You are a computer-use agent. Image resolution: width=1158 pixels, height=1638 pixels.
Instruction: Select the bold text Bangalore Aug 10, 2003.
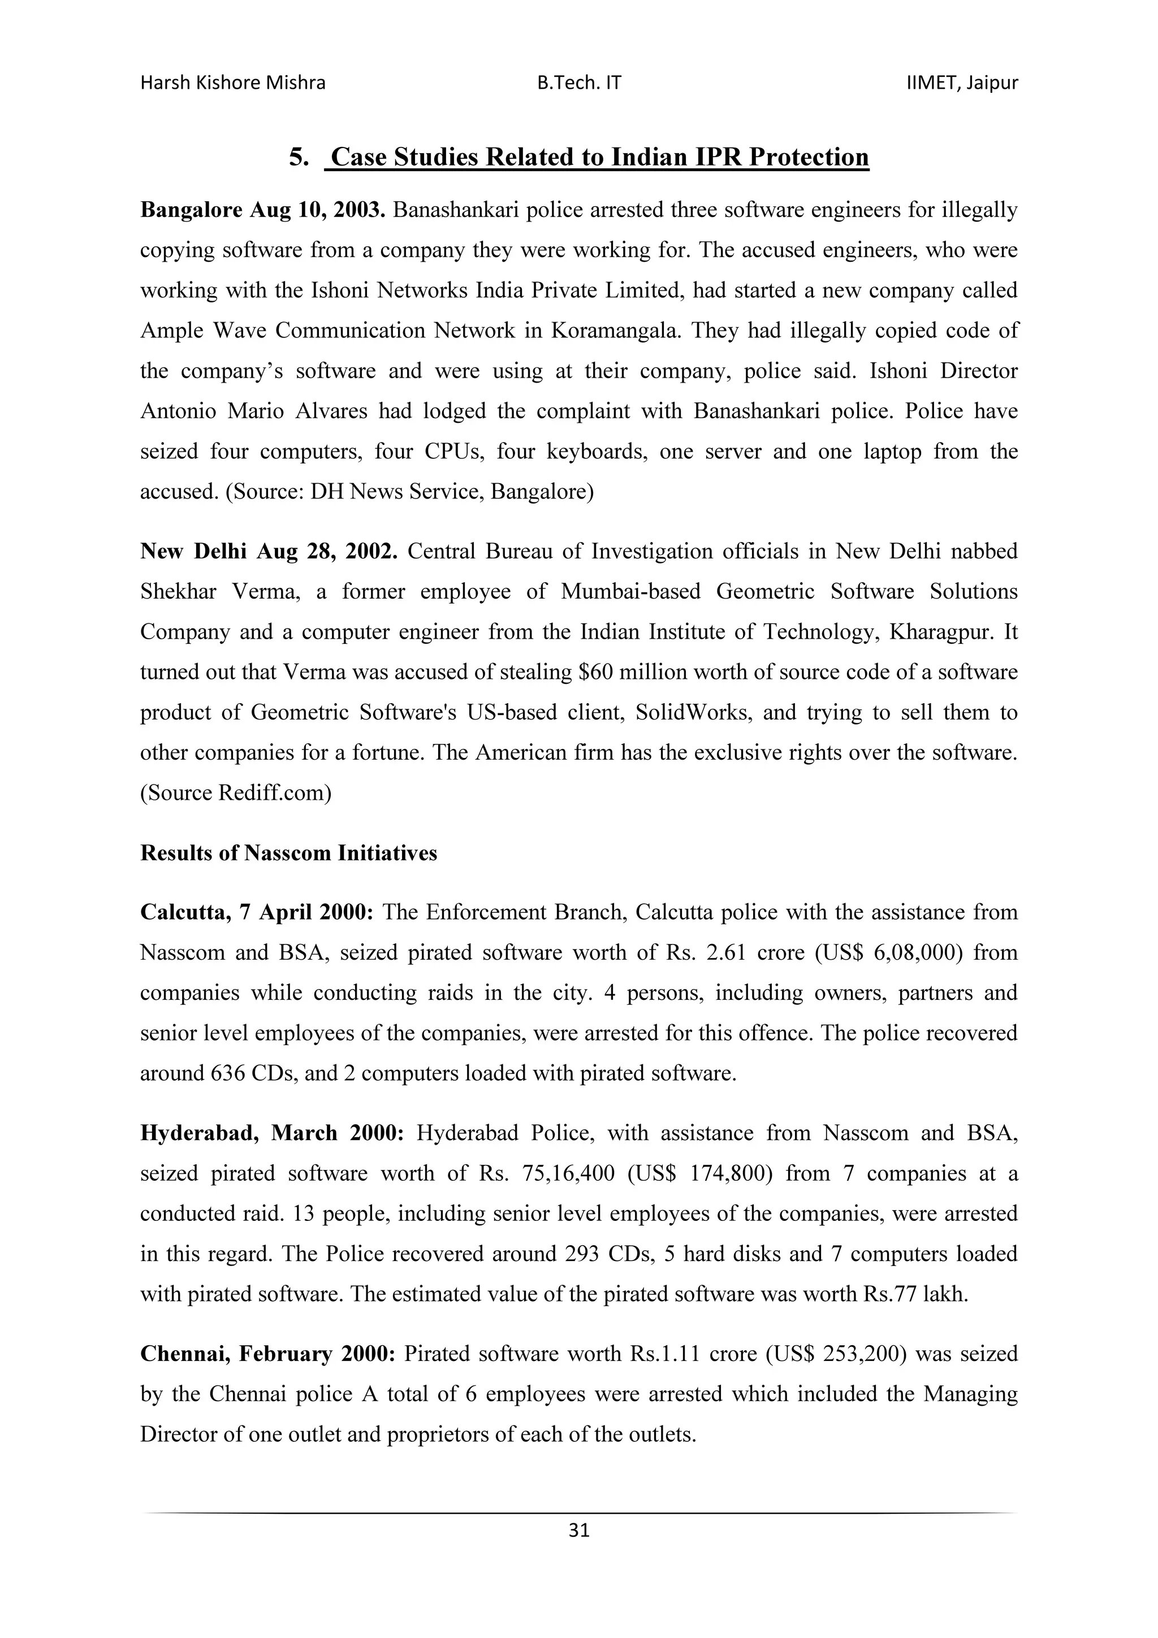click(x=262, y=210)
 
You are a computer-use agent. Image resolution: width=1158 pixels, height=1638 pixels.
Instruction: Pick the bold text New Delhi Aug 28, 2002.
click(x=268, y=552)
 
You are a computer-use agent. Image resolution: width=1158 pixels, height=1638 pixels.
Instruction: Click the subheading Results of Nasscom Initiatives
click(x=288, y=853)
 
